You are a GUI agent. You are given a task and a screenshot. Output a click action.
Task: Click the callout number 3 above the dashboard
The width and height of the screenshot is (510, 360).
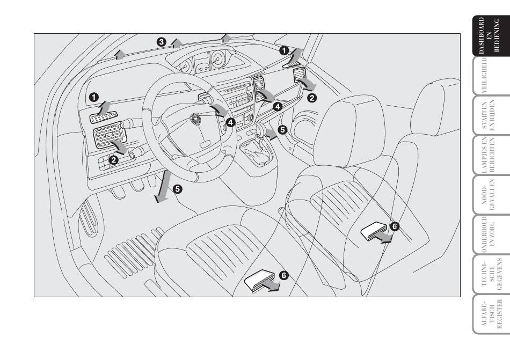(x=162, y=42)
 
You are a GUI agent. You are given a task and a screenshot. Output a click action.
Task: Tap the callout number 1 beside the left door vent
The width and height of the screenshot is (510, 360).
(x=94, y=97)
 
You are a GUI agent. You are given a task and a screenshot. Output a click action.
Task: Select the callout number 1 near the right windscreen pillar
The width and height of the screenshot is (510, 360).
(x=284, y=50)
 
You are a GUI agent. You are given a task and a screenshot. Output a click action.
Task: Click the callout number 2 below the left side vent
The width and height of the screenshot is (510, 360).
(x=114, y=160)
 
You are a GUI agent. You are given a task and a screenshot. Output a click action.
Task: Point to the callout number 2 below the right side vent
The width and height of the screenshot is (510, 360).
(x=312, y=98)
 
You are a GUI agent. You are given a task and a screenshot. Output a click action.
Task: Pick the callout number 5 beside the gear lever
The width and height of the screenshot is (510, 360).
(x=282, y=130)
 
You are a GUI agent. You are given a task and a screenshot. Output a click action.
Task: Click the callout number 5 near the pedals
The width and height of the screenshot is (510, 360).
(x=178, y=189)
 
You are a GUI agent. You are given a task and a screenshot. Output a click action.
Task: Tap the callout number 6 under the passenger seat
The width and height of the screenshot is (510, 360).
(x=395, y=226)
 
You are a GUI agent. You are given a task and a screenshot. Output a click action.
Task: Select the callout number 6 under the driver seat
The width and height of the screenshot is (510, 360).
(x=284, y=276)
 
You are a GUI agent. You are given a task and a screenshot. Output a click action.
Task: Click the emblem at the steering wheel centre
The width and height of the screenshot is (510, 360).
(x=195, y=119)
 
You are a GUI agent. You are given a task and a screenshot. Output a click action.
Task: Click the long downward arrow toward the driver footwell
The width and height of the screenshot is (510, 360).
(x=164, y=186)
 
